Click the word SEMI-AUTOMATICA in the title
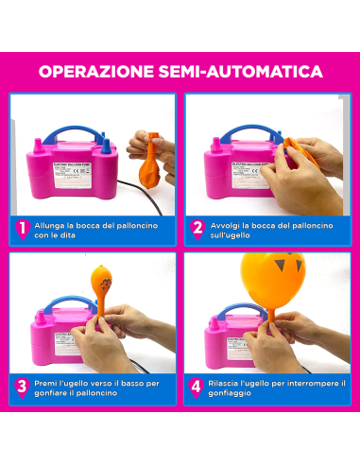pos(249,72)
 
